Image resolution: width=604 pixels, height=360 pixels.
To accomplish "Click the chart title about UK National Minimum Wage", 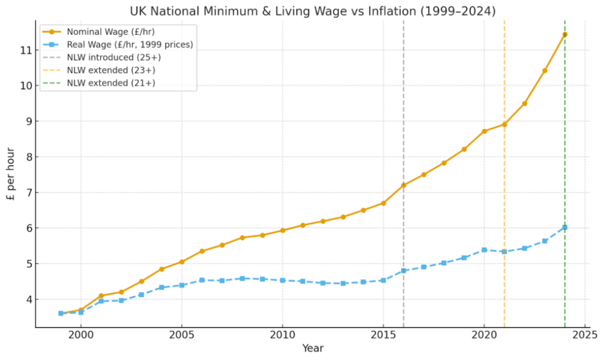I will tap(313, 11).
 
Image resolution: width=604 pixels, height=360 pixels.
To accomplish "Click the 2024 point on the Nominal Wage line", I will tap(565, 34).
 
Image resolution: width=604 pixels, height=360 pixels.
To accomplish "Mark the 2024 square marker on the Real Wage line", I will tap(565, 227).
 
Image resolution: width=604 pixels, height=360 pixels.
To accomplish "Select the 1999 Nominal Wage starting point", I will tap(61, 313).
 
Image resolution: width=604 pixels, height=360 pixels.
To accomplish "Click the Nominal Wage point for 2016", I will tap(403, 185).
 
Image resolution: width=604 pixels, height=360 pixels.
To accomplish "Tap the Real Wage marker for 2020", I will tap(484, 250).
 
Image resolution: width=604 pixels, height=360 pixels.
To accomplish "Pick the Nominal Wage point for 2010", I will tap(282, 230).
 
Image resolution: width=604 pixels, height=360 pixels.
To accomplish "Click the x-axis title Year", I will tap(313, 348).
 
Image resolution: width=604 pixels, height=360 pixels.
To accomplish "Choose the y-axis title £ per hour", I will tap(11, 174).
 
